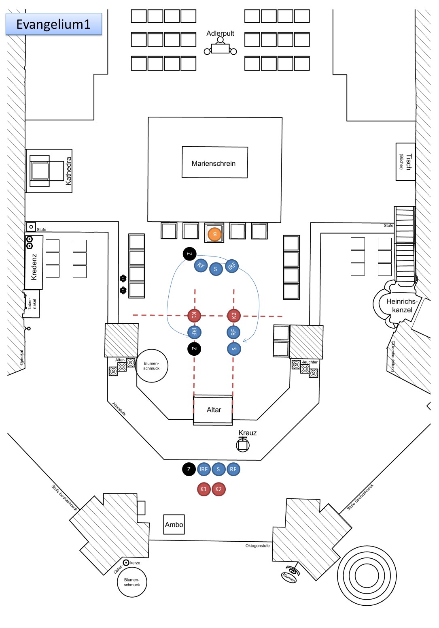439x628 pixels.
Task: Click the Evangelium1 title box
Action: (53, 24)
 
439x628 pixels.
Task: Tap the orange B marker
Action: (214, 234)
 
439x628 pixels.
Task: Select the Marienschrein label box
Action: (214, 163)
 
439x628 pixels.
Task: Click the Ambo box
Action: (174, 524)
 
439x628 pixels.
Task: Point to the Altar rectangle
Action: (213, 410)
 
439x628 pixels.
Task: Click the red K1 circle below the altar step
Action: (204, 489)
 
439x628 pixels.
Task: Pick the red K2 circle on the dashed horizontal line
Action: (233, 315)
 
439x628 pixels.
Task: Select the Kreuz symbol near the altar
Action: (243, 444)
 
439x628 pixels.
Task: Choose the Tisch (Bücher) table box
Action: (405, 162)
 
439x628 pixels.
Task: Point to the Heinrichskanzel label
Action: (402, 305)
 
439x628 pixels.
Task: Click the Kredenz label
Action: (34, 267)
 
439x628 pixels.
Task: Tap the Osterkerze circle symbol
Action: (126, 562)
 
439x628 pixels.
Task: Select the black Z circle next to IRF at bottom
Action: (189, 469)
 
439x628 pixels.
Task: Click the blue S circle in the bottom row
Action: (218, 469)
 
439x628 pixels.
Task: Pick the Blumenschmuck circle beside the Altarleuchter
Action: (152, 366)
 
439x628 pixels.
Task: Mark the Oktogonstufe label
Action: (257, 546)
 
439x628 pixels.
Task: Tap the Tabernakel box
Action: (32, 303)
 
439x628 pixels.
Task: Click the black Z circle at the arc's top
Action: (189, 254)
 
